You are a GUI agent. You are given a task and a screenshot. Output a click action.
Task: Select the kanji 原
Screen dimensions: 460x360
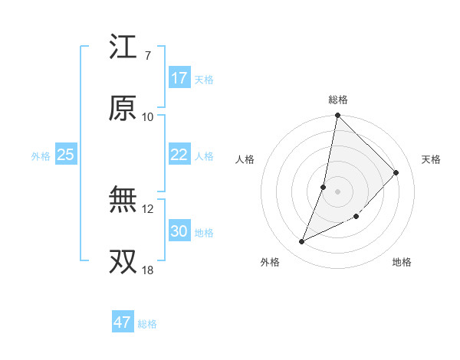[123, 109]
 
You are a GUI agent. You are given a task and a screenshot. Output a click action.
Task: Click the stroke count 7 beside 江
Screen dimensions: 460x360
[148, 55]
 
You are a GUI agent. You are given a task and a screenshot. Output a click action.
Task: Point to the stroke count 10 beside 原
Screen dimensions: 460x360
[148, 116]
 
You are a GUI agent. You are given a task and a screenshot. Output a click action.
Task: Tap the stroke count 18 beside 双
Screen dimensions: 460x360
[148, 270]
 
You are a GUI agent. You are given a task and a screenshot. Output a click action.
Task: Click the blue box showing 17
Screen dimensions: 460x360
[179, 78]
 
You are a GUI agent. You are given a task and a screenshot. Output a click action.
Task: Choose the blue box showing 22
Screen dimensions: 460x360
[179, 155]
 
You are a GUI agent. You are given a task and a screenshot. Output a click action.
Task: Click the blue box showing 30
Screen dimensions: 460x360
[179, 231]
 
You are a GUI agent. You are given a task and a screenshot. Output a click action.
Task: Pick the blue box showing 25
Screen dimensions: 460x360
[66, 155]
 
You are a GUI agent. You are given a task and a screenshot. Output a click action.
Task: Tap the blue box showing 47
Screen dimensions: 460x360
[123, 322]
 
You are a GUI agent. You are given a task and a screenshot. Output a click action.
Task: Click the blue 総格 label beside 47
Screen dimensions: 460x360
[147, 324]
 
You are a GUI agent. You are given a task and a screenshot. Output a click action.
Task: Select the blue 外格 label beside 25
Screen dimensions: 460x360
[41, 155]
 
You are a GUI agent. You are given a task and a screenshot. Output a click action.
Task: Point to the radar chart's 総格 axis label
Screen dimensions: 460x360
[338, 100]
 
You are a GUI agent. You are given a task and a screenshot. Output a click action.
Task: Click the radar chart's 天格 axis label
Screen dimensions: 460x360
[432, 159]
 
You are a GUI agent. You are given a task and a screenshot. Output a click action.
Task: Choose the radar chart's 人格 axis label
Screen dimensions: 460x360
[245, 159]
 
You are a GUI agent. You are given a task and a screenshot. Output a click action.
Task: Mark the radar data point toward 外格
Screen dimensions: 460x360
[302, 242]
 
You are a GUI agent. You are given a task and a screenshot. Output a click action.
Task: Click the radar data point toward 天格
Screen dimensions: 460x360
[396, 172]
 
